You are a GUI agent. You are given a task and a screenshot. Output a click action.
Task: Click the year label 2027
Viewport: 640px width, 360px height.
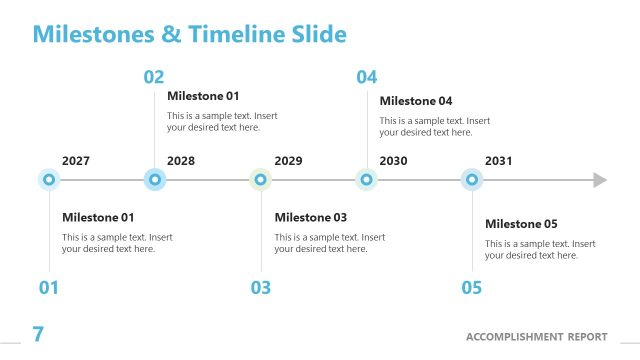point(76,161)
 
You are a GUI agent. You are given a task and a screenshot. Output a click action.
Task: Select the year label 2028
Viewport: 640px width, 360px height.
point(181,161)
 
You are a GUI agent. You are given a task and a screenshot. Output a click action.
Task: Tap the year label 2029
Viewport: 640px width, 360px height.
point(288,161)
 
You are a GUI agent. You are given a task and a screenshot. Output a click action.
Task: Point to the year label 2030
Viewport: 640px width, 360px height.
point(393,161)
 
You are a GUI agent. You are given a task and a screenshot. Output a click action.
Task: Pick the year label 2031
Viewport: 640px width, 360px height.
point(499,161)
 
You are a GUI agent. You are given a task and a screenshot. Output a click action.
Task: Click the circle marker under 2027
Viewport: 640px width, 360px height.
point(49,180)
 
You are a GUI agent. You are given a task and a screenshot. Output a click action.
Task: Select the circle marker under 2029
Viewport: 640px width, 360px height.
point(261,180)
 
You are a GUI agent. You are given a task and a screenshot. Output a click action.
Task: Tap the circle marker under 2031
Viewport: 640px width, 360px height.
point(472,180)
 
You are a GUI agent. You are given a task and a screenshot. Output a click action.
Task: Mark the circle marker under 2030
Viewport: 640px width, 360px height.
point(367,180)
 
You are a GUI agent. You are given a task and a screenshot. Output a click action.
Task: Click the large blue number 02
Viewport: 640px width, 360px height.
point(154,77)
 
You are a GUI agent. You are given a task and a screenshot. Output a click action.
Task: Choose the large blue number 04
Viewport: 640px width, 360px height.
point(367,77)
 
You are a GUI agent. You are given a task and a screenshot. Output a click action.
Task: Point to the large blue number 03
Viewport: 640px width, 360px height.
point(260,288)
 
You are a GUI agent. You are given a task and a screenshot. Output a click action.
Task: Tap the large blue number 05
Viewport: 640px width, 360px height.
point(472,288)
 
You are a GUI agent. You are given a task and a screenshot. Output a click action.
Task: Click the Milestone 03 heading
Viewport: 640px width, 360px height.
point(311,218)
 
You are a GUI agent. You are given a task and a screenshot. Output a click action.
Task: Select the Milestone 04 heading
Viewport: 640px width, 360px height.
point(416,101)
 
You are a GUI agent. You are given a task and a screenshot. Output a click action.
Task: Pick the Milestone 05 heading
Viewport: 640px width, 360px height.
point(521,224)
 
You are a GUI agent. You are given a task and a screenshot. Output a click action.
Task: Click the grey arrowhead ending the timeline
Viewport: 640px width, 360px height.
point(600,180)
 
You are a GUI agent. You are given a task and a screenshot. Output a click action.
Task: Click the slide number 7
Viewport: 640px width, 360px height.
point(38,334)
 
